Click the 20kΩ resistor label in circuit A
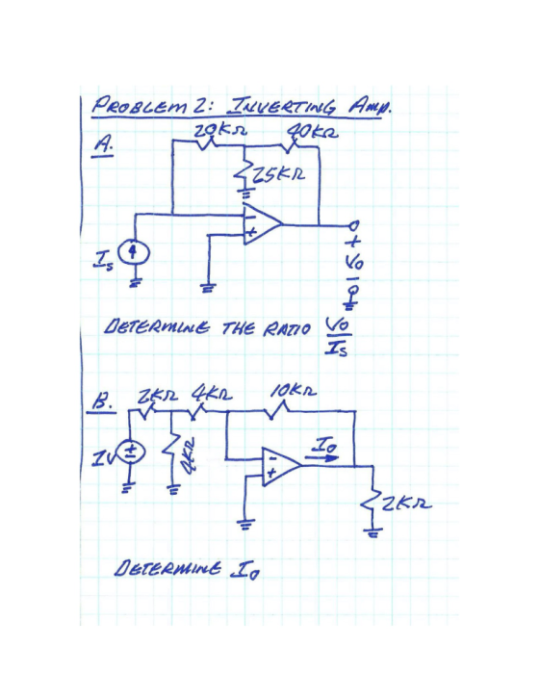pos(220,131)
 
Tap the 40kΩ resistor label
pos(313,132)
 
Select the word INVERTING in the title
pos(282,106)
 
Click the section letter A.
pos(102,144)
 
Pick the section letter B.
pos(102,402)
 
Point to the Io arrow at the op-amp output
pos(321,458)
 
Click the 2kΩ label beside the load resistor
pos(407,504)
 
